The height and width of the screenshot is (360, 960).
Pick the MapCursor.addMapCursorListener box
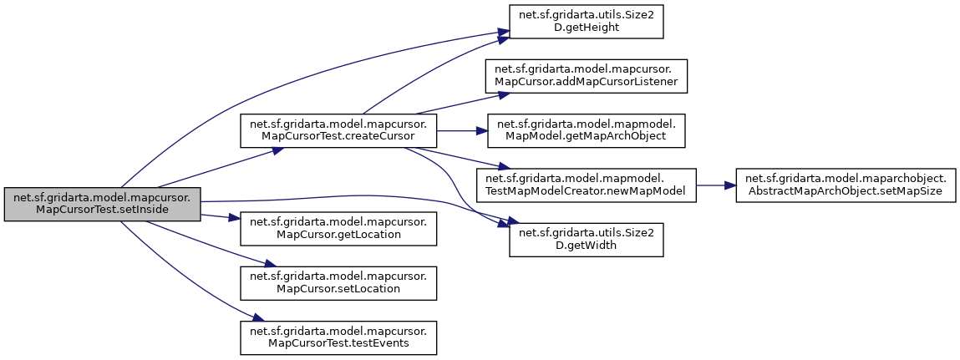tap(586, 77)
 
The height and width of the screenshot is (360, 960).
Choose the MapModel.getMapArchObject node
tap(586, 130)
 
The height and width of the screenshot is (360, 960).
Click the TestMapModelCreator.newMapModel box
tap(586, 185)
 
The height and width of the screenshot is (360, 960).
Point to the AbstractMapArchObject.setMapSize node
tap(845, 185)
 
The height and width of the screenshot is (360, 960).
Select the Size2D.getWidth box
tap(586, 238)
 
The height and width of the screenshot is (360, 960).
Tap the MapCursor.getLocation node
tap(338, 229)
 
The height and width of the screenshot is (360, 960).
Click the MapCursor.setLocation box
tap(338, 282)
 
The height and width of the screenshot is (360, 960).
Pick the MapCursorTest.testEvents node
tap(338, 336)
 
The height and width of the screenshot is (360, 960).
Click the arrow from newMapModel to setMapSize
tap(715, 185)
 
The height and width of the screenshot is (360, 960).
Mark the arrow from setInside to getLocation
tap(221, 217)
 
